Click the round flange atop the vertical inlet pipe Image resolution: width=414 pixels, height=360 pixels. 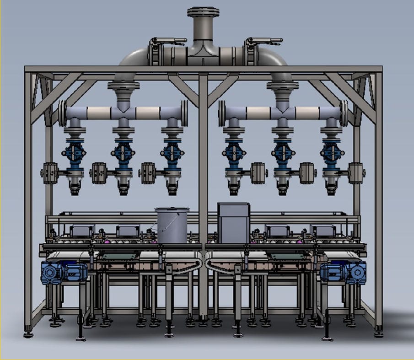click(x=203, y=11)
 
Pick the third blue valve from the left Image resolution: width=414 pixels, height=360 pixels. click(x=172, y=154)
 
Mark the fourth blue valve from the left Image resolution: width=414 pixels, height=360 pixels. click(x=232, y=154)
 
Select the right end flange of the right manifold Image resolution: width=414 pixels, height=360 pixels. click(x=344, y=113)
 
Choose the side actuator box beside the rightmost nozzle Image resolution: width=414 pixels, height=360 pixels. click(x=356, y=173)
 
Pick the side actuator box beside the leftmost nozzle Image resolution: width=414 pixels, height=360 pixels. click(x=49, y=173)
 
